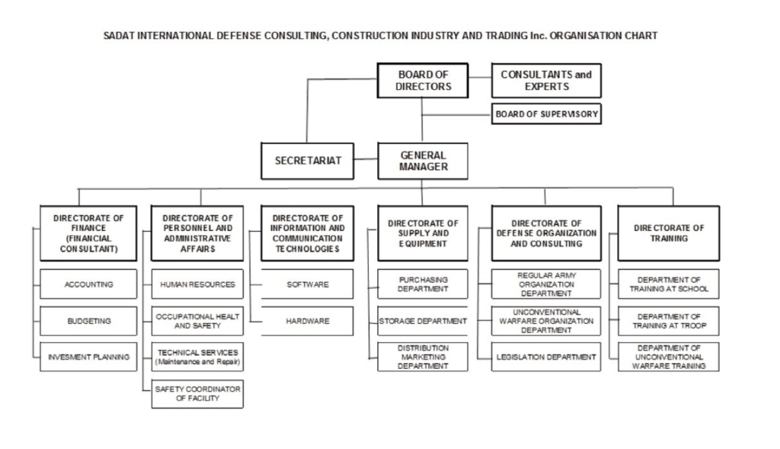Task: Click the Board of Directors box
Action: click(423, 80)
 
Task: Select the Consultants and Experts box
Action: click(546, 80)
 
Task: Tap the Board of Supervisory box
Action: click(546, 114)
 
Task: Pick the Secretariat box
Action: click(308, 161)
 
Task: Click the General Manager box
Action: click(423, 161)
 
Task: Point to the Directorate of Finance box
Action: click(88, 233)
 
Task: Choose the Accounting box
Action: click(88, 284)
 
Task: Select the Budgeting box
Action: click(88, 321)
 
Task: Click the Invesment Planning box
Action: click(88, 357)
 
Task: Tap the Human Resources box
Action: click(197, 284)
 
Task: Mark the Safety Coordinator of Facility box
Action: click(197, 393)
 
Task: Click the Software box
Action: click(308, 284)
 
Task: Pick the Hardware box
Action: click(308, 321)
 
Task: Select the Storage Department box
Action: click(423, 321)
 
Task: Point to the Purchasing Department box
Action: click(423, 284)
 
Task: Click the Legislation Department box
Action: click(546, 357)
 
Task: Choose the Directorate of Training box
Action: click(668, 233)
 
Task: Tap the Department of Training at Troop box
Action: click(668, 321)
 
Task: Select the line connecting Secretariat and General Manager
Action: click(366, 160)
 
